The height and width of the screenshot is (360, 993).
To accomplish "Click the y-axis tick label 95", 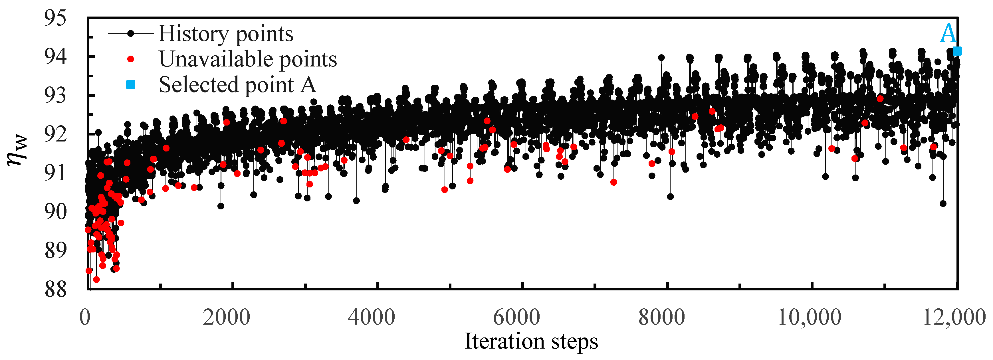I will pos(55,18).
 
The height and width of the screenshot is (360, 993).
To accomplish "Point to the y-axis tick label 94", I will pos(55,57).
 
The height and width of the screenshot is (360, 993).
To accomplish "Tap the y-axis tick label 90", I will pos(55,212).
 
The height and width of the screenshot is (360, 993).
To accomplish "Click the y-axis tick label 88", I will pos(55,290).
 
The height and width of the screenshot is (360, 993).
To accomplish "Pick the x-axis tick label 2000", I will pos(227,317).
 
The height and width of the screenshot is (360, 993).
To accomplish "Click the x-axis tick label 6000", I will pos(516,317).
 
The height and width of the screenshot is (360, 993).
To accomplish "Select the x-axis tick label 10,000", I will pos(809,317).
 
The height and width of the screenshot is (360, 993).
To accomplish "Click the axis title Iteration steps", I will pos(531,341).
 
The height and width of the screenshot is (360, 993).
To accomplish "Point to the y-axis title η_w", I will pos(17,150).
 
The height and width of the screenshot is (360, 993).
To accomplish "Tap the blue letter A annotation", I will pos(948,34).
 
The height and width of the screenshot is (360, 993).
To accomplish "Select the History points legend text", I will pos(226,34).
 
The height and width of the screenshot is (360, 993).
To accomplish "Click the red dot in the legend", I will pos(131,59).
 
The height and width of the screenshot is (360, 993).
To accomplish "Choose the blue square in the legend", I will pos(131,85).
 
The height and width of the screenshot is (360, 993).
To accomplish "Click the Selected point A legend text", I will pos(237,85).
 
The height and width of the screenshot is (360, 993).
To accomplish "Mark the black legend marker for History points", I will pos(131,34).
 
